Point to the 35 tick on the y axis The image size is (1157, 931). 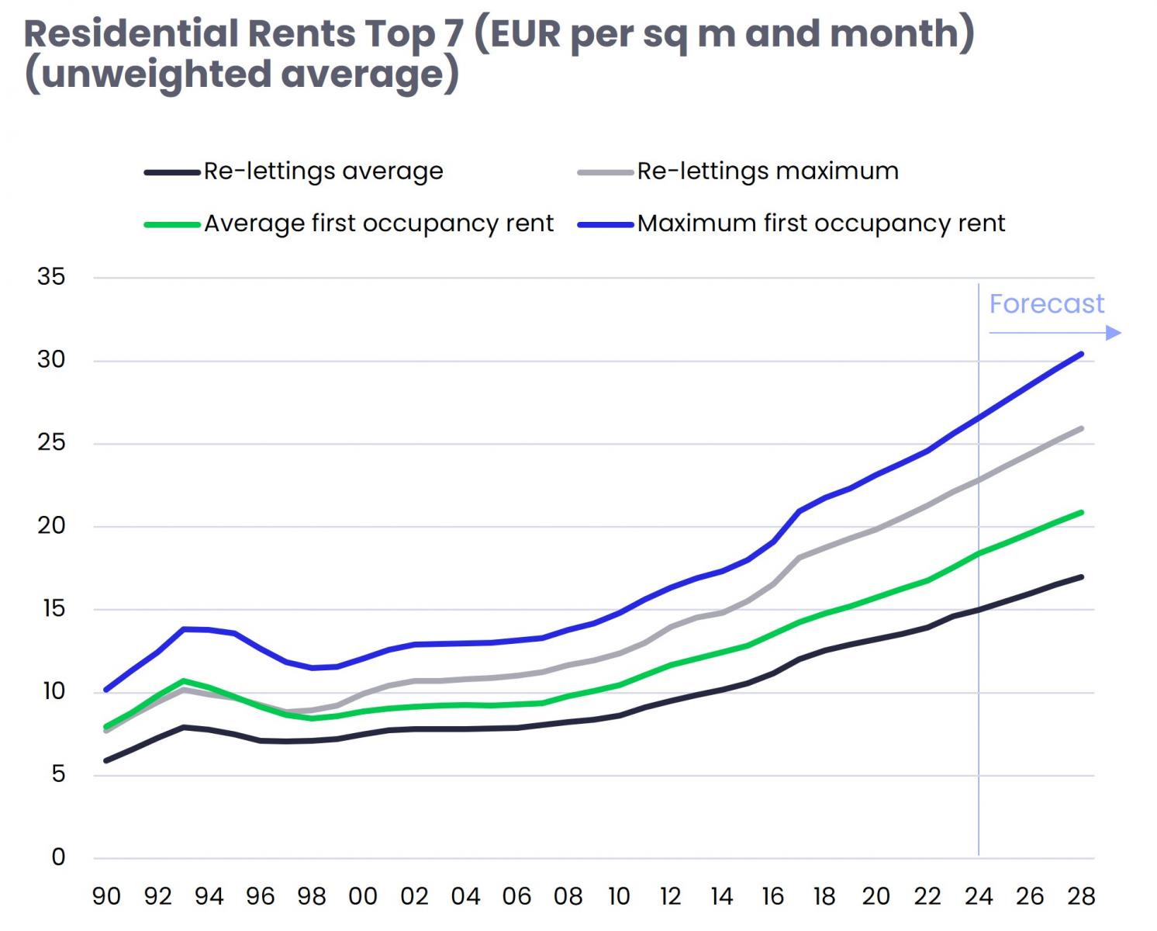51,277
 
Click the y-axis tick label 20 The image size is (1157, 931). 51,526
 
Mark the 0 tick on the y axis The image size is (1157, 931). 58,857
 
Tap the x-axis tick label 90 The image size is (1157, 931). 106,897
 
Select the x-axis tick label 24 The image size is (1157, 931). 979,897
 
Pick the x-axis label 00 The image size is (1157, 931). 363,897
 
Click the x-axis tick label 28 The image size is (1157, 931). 1081,897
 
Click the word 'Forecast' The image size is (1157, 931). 1046,303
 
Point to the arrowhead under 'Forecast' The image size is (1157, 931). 1114,333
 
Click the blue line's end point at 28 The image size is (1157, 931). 1081,355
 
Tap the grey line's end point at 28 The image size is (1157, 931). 1081,429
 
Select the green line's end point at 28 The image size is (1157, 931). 1081,513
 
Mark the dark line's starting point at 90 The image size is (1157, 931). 106,760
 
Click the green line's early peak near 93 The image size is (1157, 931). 183,681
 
